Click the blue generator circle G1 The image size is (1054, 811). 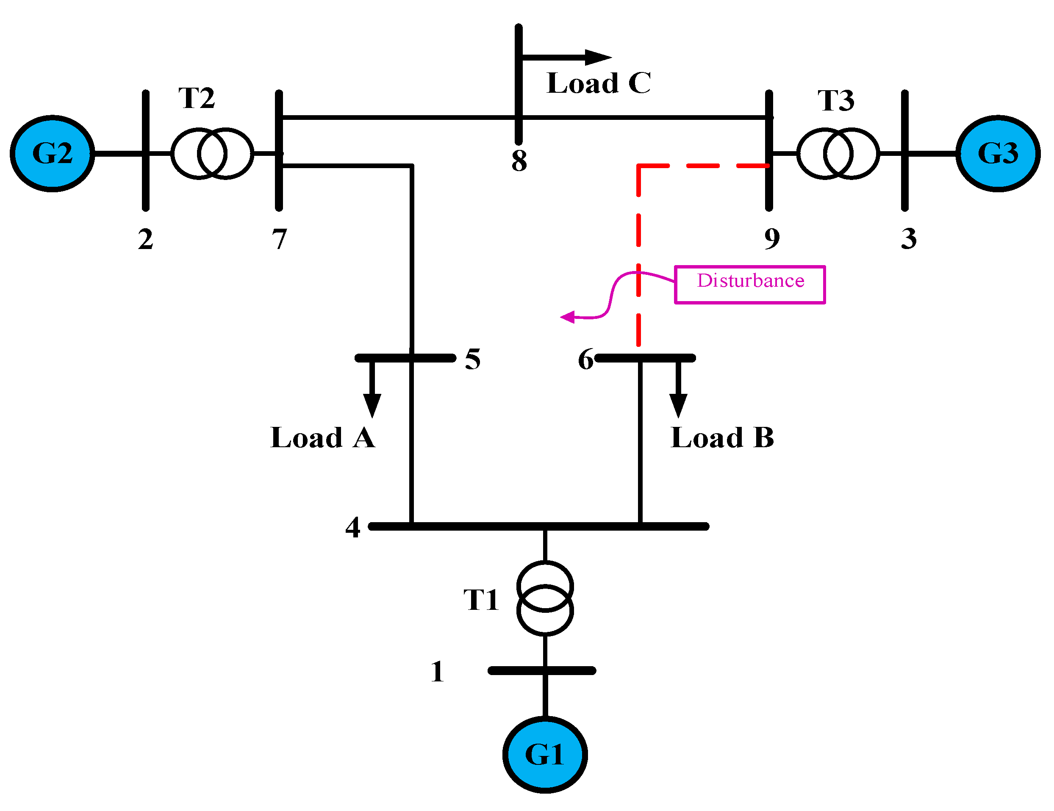pyautogui.click(x=545, y=755)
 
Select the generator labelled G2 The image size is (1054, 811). pyautogui.click(x=52, y=153)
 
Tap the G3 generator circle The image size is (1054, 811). pyautogui.click(x=998, y=153)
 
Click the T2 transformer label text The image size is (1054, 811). pyautogui.click(x=197, y=98)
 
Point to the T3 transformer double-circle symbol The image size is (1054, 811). pyautogui.click(x=838, y=153)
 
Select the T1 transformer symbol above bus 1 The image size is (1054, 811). pyautogui.click(x=545, y=598)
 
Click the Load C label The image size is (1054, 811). pyautogui.click(x=599, y=83)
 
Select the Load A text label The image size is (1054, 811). pyautogui.click(x=322, y=437)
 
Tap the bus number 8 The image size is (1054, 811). pyautogui.click(x=519, y=161)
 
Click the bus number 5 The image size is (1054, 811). pyautogui.click(x=472, y=359)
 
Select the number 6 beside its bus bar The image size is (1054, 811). pyautogui.click(x=585, y=360)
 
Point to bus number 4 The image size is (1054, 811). pyautogui.click(x=353, y=527)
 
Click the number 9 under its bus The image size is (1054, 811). pyautogui.click(x=772, y=238)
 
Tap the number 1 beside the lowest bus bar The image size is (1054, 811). pyautogui.click(x=437, y=671)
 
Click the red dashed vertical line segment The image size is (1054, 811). pyautogui.click(x=638, y=256)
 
